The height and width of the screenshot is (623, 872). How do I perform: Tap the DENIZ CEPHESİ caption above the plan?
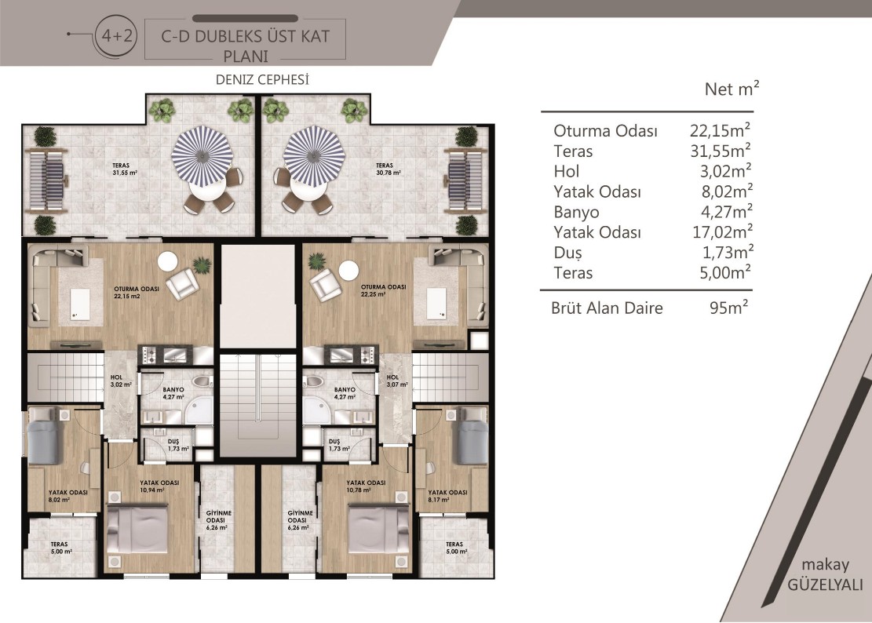click(262, 80)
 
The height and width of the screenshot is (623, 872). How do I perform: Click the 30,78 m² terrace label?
click(389, 169)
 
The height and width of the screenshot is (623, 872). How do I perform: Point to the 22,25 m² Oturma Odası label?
click(384, 290)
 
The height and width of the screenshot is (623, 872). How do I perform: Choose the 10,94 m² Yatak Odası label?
click(159, 486)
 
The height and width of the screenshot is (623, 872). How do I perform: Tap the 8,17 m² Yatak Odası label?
click(447, 496)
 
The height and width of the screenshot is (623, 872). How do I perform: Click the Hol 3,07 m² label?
click(397, 381)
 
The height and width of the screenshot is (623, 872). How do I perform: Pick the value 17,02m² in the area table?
click(723, 231)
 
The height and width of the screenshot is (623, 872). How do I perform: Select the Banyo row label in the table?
click(576, 213)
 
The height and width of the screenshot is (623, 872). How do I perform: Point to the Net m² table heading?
click(732, 89)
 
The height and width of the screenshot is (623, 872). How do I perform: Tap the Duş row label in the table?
click(567, 253)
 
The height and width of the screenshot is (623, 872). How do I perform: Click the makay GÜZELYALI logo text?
click(825, 574)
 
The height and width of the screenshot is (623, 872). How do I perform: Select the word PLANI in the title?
click(246, 56)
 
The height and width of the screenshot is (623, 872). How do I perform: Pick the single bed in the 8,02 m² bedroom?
click(43, 435)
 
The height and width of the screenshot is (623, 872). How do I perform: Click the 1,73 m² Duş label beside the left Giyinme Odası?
click(178, 445)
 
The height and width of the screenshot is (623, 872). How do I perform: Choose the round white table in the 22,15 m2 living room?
click(167, 260)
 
